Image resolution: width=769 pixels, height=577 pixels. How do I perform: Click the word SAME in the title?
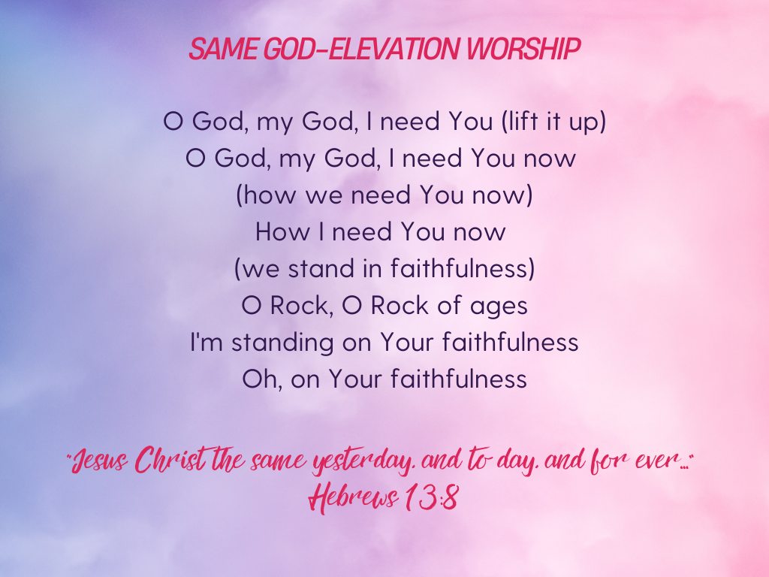(x=224, y=49)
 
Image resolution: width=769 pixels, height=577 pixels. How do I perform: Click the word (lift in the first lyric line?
(x=520, y=121)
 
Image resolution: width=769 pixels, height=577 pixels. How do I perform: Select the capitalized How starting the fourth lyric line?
(x=283, y=231)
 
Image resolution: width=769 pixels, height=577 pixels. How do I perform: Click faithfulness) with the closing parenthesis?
(x=463, y=268)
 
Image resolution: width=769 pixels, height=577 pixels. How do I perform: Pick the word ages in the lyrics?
(x=499, y=307)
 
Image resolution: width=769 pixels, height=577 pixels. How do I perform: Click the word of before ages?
(x=450, y=305)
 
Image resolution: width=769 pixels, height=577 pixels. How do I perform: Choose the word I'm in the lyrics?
(x=207, y=342)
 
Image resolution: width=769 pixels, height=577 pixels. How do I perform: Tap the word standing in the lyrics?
(x=282, y=343)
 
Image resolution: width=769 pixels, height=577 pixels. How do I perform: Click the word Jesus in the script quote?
(x=101, y=461)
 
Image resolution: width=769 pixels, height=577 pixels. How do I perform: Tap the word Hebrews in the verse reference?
(x=352, y=497)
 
